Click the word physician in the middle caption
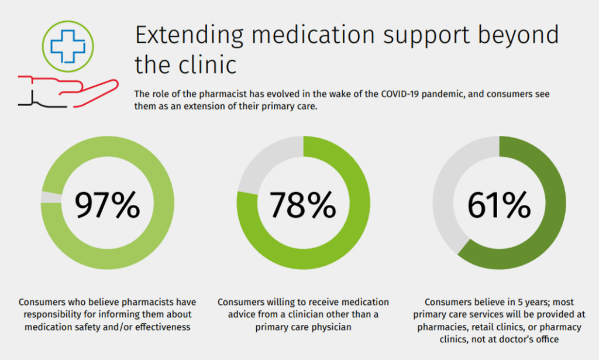point(330,327)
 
